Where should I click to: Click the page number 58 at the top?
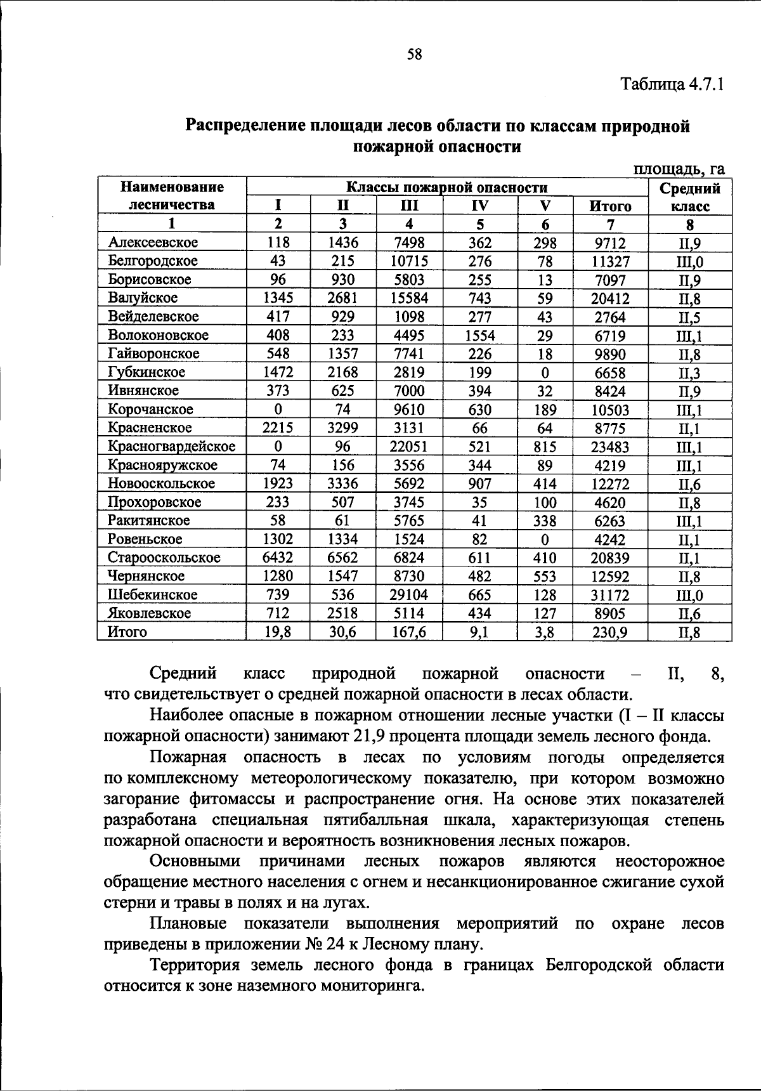click(414, 55)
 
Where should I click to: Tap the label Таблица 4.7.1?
click(672, 84)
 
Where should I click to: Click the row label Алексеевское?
click(153, 242)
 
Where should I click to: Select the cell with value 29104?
click(409, 594)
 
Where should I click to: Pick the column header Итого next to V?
click(610, 206)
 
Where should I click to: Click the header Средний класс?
click(689, 197)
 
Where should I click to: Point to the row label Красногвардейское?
click(171, 446)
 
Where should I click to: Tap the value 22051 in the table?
click(409, 447)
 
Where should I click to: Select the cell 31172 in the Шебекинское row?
click(610, 595)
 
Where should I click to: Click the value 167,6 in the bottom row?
click(409, 632)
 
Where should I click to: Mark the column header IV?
click(480, 206)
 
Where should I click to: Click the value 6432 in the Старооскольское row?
click(278, 558)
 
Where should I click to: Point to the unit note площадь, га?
click(679, 169)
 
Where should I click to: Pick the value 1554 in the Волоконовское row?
click(480, 335)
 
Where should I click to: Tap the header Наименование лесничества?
click(172, 196)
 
